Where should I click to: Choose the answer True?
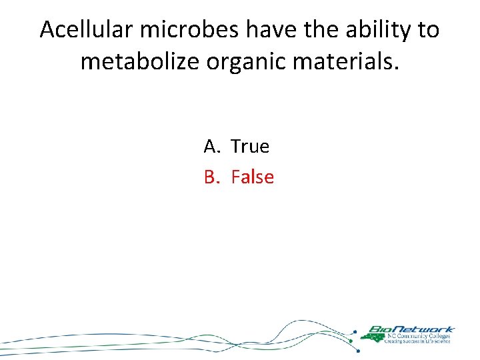click(250, 146)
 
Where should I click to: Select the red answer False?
click(253, 177)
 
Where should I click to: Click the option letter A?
click(211, 146)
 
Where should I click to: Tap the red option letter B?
click(211, 177)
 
